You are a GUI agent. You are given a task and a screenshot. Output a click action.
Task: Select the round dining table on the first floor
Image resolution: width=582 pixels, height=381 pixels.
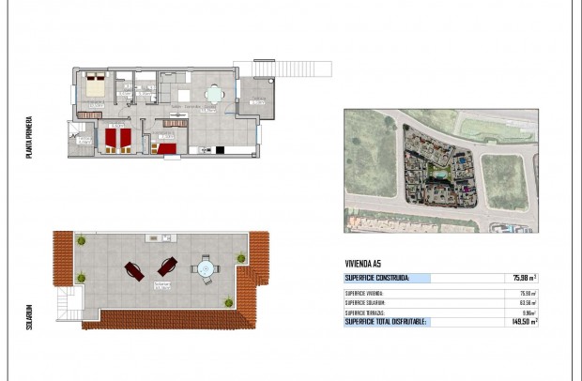[215, 94]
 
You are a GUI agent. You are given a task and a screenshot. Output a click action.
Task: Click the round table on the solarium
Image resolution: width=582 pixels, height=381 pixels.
[204, 270]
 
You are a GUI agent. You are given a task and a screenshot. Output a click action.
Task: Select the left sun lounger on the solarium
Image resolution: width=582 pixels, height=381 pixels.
[132, 271]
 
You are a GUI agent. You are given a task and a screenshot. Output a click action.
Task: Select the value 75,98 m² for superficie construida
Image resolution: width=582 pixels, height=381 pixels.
[524, 278]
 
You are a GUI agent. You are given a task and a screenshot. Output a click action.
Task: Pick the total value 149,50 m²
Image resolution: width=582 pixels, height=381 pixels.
[524, 321]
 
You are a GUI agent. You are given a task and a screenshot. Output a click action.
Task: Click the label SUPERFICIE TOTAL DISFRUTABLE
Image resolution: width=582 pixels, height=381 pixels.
[386, 321]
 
